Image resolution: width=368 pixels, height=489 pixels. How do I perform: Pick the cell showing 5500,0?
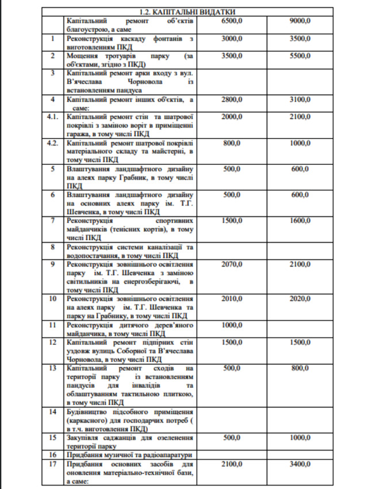click(300, 56)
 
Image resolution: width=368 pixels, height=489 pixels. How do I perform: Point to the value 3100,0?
click(300, 99)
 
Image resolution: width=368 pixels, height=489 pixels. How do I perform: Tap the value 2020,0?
click(300, 299)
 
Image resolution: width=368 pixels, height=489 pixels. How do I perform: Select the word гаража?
click(80, 134)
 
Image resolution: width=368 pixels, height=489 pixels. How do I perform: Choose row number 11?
click(52, 325)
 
